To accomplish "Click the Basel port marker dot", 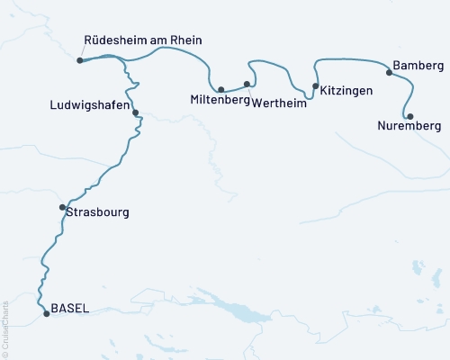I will tap(47, 314).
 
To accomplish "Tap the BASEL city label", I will tap(70, 308).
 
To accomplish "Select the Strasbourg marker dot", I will tap(62, 208).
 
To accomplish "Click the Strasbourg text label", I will tap(97, 213).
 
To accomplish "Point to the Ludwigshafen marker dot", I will tap(135, 113).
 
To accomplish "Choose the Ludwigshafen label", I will tap(89, 105).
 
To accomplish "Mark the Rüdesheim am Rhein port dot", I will tap(80, 60).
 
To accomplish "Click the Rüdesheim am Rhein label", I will tap(142, 40).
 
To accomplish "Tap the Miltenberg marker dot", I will tap(221, 89).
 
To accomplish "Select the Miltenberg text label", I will tap(220, 99).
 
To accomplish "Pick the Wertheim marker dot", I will tap(247, 84).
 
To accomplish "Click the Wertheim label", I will tap(279, 103).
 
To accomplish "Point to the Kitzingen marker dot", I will tap(315, 86).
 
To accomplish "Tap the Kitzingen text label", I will tap(346, 91).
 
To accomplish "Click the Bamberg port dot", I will tap(389, 72).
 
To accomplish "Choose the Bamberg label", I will tap(418, 67).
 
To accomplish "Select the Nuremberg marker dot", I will tap(409, 116).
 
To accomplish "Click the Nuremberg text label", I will tap(410, 127).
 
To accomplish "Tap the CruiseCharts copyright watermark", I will tap(5, 323).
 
